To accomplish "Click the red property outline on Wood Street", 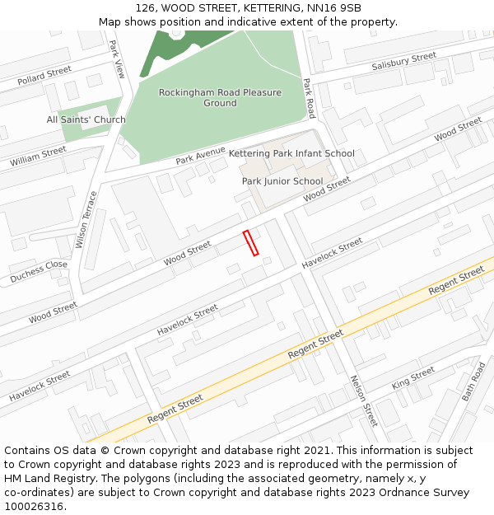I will [250, 243].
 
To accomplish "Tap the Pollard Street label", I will [44, 76].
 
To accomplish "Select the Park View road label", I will [118, 59].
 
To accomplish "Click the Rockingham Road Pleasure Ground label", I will [220, 98].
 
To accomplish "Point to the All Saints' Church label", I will [86, 119].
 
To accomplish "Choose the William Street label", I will [38, 157].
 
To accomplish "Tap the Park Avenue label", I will [200, 155].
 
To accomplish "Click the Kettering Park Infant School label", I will [291, 153].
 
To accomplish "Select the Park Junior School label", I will [282, 181].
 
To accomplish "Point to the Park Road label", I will [310, 98].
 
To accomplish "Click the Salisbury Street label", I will [403, 61].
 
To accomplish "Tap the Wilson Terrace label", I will [86, 219].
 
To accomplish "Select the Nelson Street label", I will [363, 400].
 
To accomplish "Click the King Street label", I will [412, 378].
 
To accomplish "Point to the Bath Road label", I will [473, 381].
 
